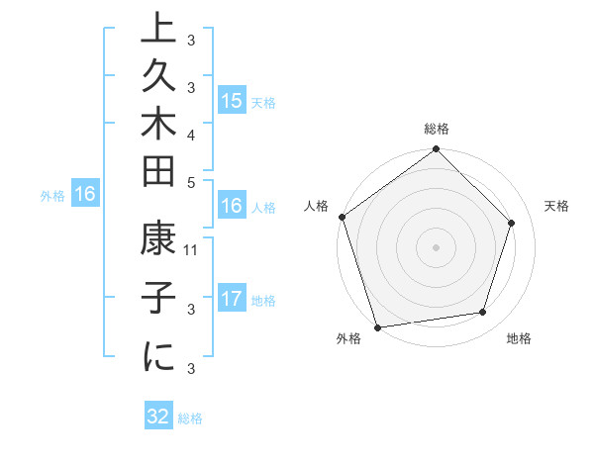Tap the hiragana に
coord(158,358)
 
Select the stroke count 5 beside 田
coord(191,182)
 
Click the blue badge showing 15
coord(232,101)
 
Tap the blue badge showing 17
coord(232,299)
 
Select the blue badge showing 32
coord(158,417)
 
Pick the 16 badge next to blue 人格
coord(232,206)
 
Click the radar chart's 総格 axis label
coord(436,130)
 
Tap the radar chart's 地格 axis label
coord(519,338)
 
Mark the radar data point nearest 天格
coord(512,223)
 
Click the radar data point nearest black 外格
coord(377,326)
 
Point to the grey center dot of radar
coord(436,246)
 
